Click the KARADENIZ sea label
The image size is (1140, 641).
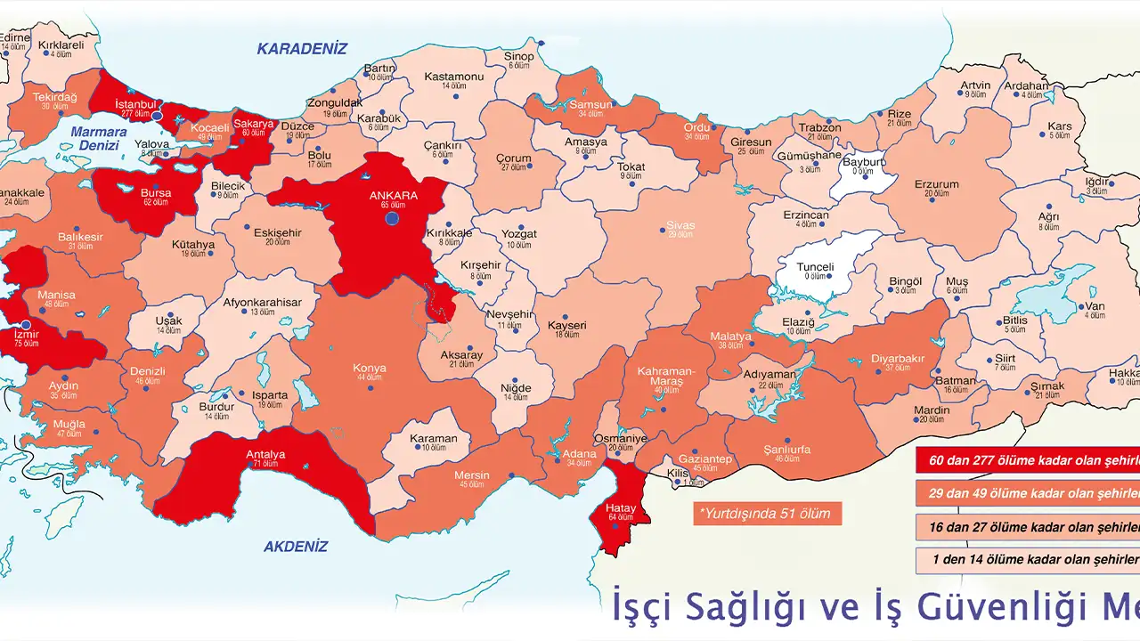coord(302,49)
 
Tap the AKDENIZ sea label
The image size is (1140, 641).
coord(296,547)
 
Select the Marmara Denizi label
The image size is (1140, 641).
coord(97,139)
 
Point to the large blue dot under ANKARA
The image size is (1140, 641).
coord(392,218)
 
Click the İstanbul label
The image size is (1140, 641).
coord(136,104)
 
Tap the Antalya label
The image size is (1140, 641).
coord(265,455)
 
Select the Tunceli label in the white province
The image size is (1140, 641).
coord(815,267)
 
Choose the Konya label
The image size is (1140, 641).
coord(370,368)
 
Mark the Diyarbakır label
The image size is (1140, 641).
coord(899,359)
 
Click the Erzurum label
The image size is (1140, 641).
coord(936,185)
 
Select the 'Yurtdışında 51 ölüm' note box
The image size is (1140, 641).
coord(767,514)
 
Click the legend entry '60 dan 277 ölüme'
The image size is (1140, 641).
coord(1028,459)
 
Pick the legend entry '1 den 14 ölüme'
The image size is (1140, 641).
coord(1028,559)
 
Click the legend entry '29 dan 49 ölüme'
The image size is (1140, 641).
coord(1028,492)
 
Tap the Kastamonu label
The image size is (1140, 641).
coord(453,77)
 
